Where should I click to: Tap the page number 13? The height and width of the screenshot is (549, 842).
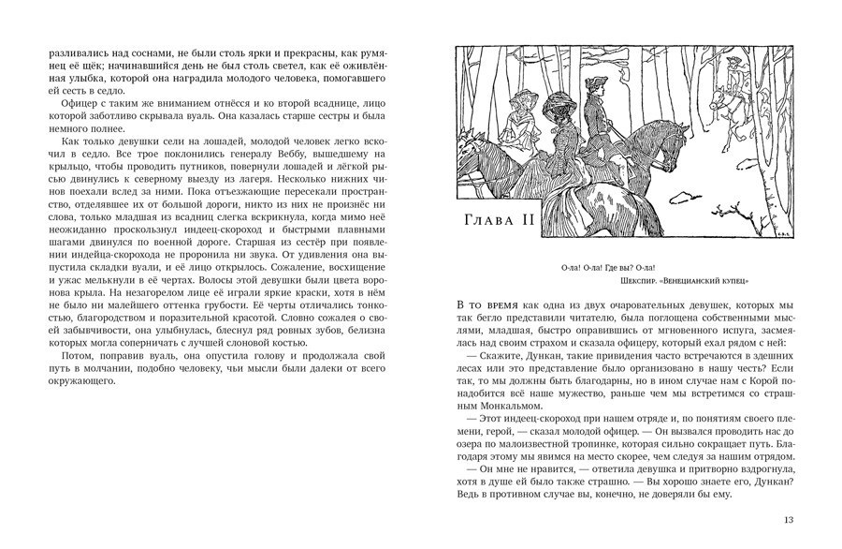(788, 520)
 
